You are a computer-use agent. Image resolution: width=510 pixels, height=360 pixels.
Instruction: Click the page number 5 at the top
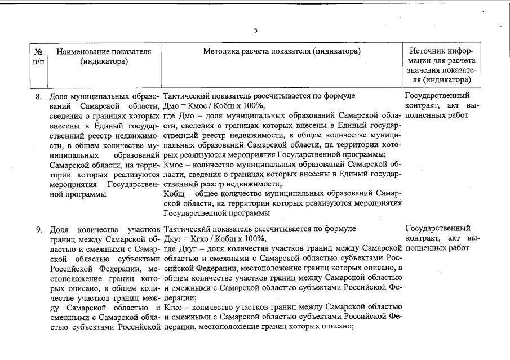[255, 30]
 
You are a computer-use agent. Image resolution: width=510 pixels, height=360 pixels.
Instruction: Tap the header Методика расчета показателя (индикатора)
[281, 51]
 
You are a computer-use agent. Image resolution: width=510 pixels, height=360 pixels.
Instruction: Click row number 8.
[39, 96]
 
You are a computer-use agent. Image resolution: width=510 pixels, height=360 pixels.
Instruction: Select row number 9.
[39, 229]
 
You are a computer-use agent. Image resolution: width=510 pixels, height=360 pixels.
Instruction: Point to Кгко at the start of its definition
[173, 307]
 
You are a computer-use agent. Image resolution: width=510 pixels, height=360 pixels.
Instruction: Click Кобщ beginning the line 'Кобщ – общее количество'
[174, 194]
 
